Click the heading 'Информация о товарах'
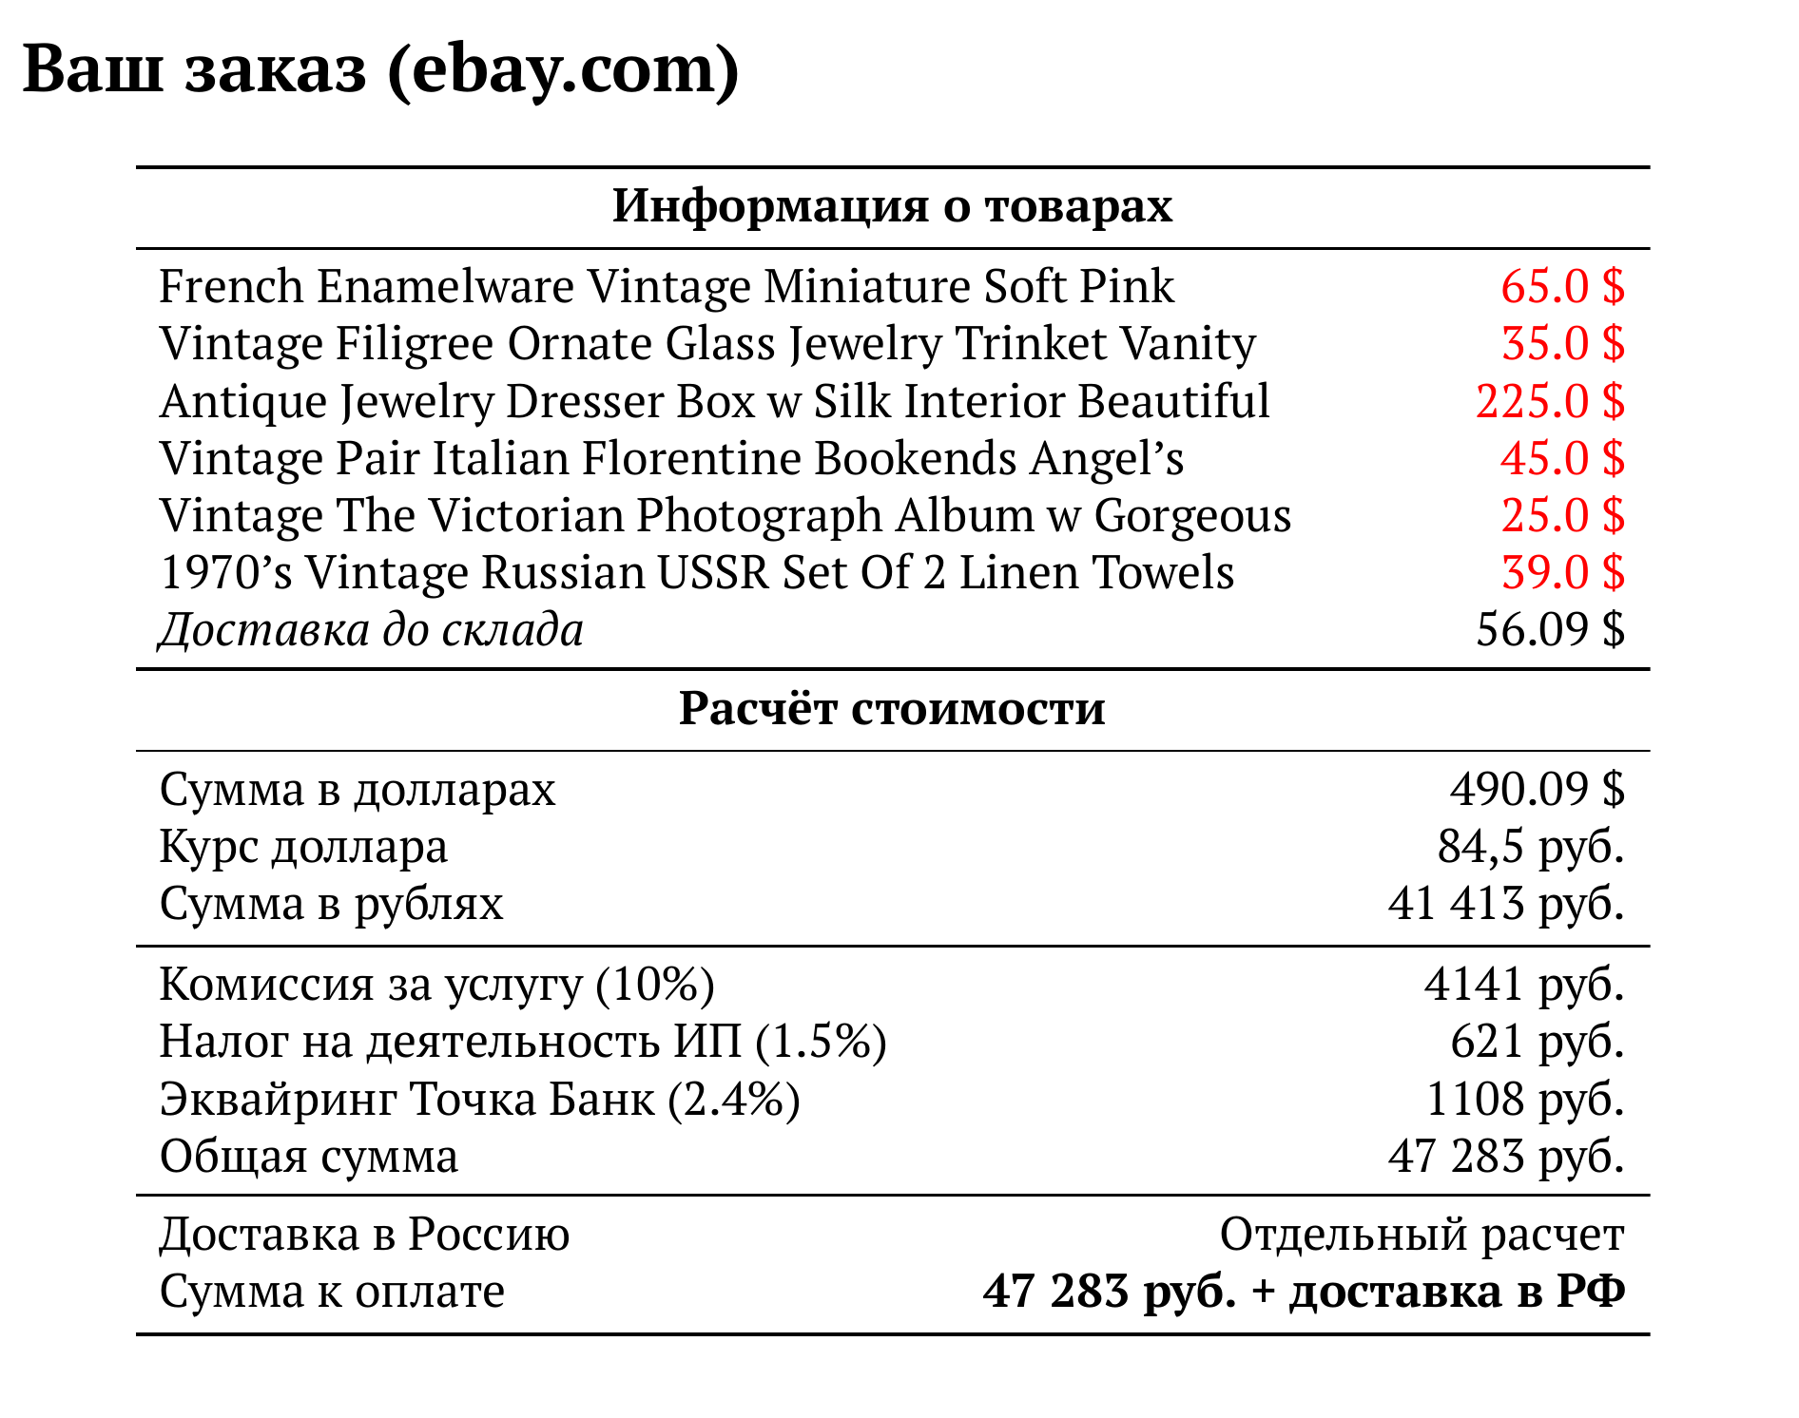pos(892,206)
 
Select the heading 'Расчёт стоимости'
pos(892,709)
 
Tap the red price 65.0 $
pos(1562,286)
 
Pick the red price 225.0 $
pos(1550,401)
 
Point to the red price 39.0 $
pos(1562,572)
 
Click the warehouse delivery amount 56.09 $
pos(1550,629)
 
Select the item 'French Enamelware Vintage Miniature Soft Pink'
pos(666,286)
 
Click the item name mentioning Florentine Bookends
pos(671,458)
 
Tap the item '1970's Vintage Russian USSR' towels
pos(696,572)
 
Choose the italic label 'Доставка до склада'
pos(371,629)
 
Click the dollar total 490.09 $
pos(1537,789)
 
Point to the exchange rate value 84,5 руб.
pos(1530,846)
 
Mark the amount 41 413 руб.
pos(1505,903)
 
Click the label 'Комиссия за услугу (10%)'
pos(436,984)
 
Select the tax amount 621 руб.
pos(1537,1041)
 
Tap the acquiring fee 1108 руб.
pos(1524,1099)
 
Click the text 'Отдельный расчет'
pos(1422,1235)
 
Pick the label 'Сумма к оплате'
pos(332,1292)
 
